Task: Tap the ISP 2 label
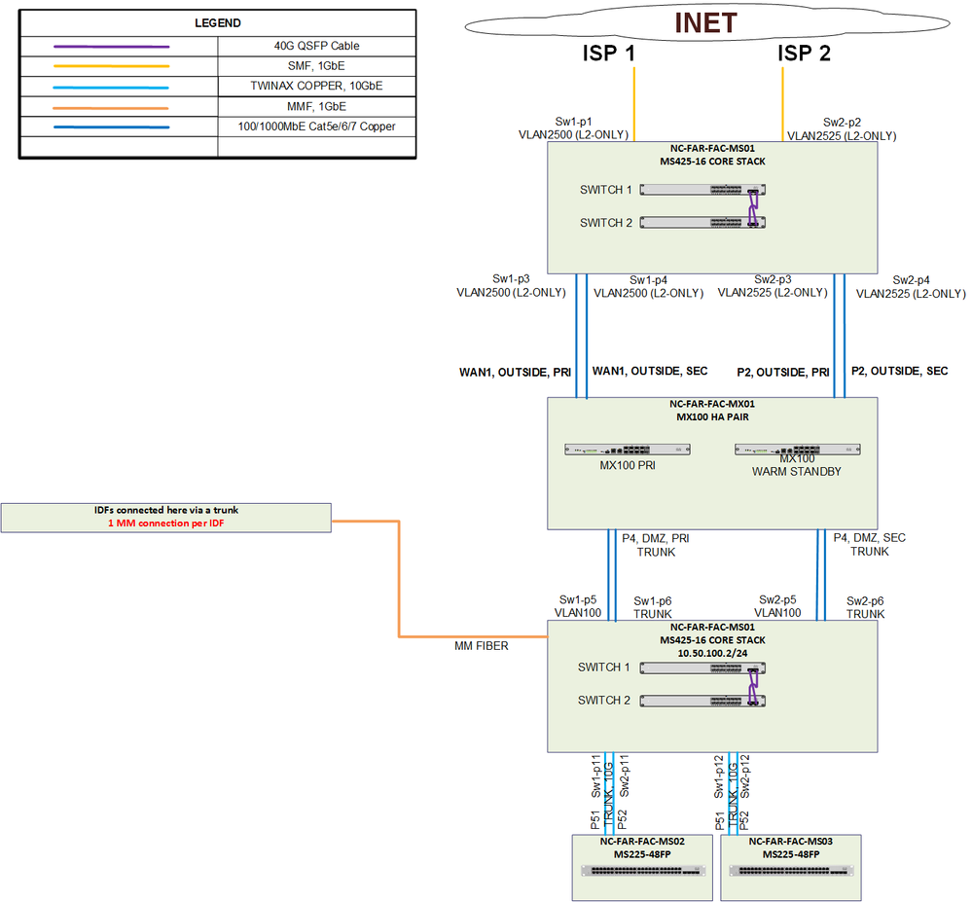pos(805,54)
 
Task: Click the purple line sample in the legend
pos(112,46)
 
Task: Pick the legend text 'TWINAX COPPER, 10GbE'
pos(317,87)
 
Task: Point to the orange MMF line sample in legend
pos(112,106)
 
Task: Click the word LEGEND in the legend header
pos(217,22)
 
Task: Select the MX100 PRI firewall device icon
pos(628,450)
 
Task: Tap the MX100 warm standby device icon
pos(796,450)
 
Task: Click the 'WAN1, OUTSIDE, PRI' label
pos(515,371)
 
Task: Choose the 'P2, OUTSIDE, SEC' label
pos(899,371)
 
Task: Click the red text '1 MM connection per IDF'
pos(166,523)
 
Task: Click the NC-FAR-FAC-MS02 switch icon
pos(642,871)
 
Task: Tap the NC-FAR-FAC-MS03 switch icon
pos(790,871)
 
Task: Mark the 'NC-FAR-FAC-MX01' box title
pos(712,403)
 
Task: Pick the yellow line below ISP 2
pos(783,97)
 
